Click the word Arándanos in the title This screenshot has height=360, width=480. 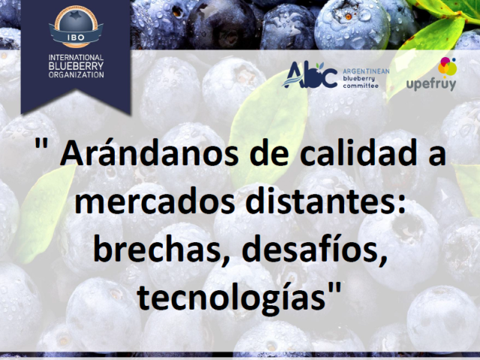click(x=148, y=152)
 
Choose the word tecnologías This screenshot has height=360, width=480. click(x=231, y=297)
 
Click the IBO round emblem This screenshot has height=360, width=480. click(x=76, y=26)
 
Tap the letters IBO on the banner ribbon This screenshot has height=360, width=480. click(x=76, y=37)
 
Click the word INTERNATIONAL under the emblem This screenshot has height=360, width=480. click(x=76, y=58)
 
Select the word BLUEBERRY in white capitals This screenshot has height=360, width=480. click(x=76, y=66)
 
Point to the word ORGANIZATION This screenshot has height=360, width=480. click(x=76, y=74)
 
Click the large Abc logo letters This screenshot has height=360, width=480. click(x=310, y=75)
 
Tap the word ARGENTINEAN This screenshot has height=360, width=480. click(x=366, y=71)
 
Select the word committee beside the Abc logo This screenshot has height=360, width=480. click(x=361, y=85)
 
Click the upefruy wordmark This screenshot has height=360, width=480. click(x=431, y=83)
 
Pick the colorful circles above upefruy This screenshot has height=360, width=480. click(x=447, y=67)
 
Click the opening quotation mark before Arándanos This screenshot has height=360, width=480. click(x=41, y=144)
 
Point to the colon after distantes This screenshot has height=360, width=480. click(x=402, y=203)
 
